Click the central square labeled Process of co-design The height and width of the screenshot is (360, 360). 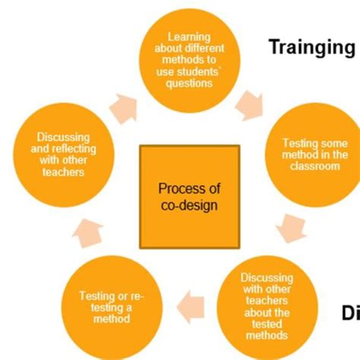click(189, 195)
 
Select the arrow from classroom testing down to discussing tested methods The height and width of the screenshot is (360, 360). click(289, 226)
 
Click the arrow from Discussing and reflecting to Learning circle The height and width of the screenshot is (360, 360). click(124, 108)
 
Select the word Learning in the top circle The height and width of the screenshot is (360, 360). click(189, 36)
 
